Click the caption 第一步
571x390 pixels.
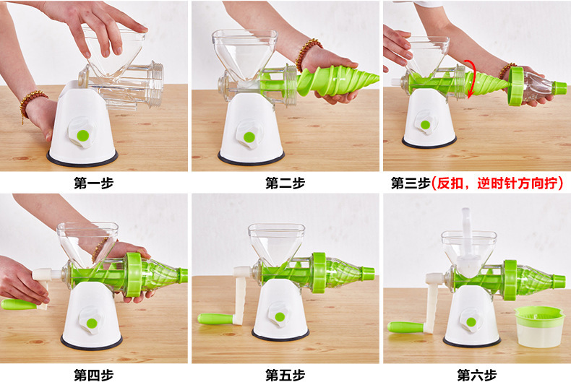pyautogui.click(x=93, y=183)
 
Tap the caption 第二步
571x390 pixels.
pyautogui.click(x=285, y=183)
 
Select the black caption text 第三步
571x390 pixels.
pyautogui.click(x=411, y=183)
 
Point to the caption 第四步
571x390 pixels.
pyautogui.click(x=93, y=375)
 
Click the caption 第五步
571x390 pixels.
pyautogui.click(x=285, y=375)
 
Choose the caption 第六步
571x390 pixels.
pyautogui.click(x=477, y=375)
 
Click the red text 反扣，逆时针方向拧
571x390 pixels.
pyautogui.click(x=497, y=183)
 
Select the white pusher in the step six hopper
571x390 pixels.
pyautogui.click(x=467, y=244)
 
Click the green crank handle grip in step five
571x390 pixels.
pyautogui.click(x=215, y=318)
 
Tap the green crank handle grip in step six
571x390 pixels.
pyautogui.click(x=405, y=326)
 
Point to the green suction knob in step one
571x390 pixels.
pyautogui.click(x=83, y=136)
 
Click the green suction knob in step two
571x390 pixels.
pyautogui.click(x=249, y=137)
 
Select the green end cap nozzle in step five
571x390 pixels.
pyautogui.click(x=368, y=272)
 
